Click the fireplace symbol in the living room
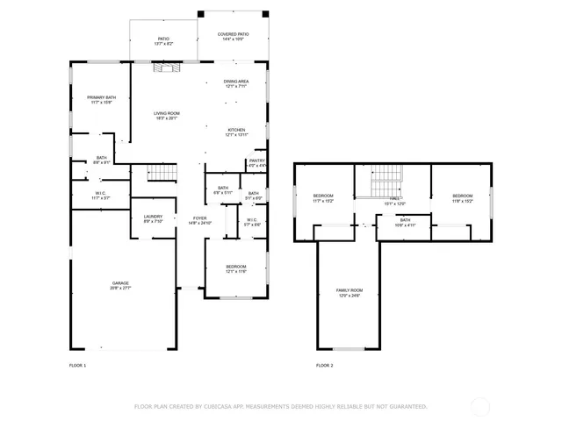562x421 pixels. pyautogui.click(x=167, y=68)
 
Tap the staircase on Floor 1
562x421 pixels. pyautogui.click(x=158, y=174)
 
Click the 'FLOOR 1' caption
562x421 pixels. pyautogui.click(x=78, y=365)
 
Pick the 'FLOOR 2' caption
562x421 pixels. pyautogui.click(x=325, y=365)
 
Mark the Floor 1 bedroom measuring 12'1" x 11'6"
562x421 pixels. pyautogui.click(x=235, y=268)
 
